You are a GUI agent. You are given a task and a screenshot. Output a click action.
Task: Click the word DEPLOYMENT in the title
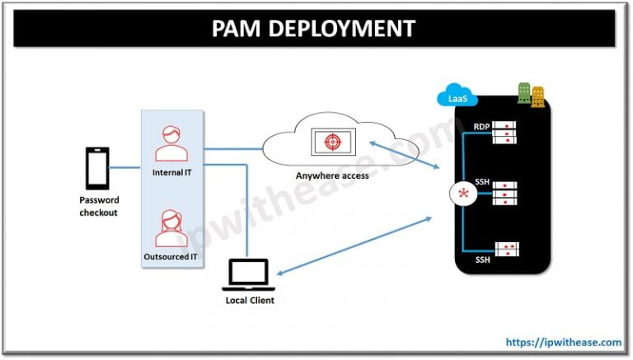344,30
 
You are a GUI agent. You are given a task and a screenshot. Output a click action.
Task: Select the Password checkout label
99,206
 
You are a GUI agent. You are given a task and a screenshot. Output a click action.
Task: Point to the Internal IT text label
171,173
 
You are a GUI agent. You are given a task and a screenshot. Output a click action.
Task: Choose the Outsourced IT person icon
171,230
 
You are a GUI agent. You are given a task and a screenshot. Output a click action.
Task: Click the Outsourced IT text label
171,258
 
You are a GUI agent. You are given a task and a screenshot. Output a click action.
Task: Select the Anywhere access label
332,175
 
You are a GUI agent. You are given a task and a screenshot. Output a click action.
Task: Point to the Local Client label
250,301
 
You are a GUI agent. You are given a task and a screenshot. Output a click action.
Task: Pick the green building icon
523,93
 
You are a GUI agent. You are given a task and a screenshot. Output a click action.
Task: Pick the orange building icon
537,96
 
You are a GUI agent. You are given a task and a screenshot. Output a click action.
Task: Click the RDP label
481,127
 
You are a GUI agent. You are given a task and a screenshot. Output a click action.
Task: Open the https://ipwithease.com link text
562,341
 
